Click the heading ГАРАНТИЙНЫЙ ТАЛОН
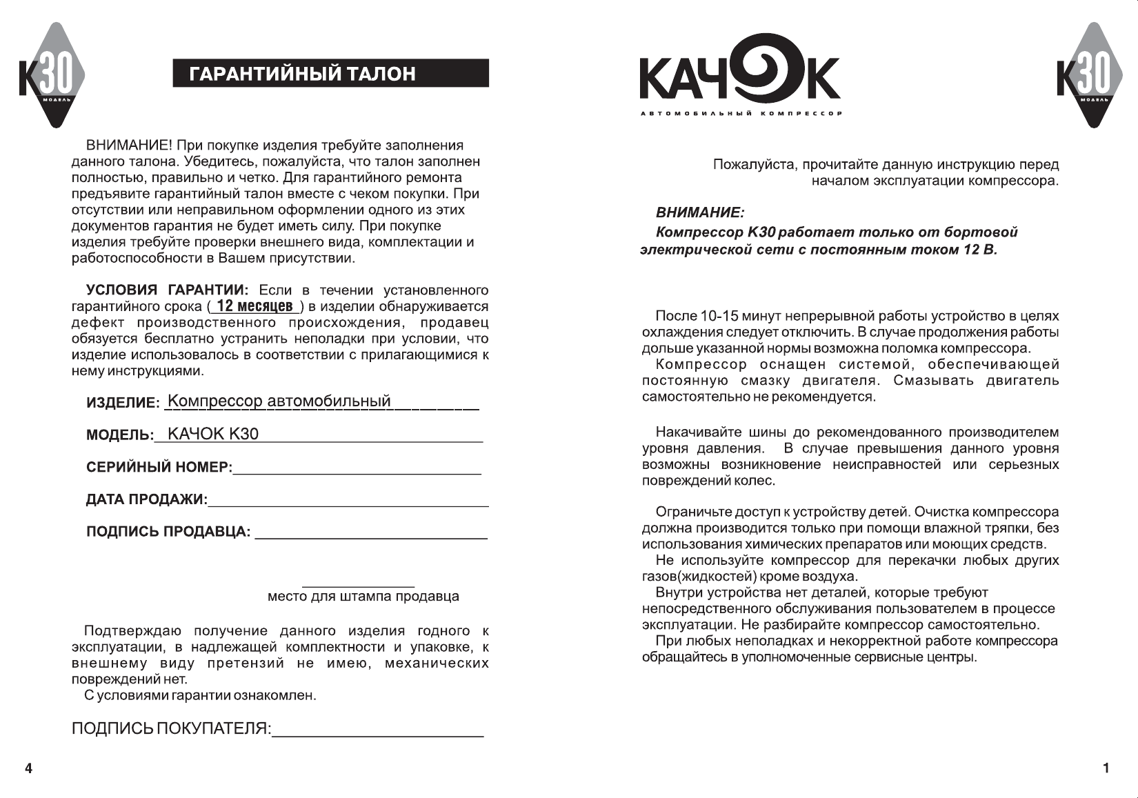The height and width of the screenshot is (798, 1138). point(303,74)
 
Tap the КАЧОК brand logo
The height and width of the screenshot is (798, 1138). point(739,77)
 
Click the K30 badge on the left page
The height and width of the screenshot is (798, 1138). point(52,75)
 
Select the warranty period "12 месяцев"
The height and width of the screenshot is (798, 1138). point(254,306)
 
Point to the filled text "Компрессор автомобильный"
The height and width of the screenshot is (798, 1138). point(279,401)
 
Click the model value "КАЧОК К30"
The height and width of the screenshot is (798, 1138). point(213,434)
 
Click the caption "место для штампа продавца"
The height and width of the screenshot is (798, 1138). point(363,597)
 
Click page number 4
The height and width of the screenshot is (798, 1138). point(28,768)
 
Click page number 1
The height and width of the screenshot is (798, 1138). point(1106,768)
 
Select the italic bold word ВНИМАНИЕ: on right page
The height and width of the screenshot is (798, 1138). point(699,212)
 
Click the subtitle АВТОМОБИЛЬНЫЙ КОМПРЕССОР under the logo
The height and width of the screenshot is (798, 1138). point(741,114)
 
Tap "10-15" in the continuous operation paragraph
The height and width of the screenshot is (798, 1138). point(719,317)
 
